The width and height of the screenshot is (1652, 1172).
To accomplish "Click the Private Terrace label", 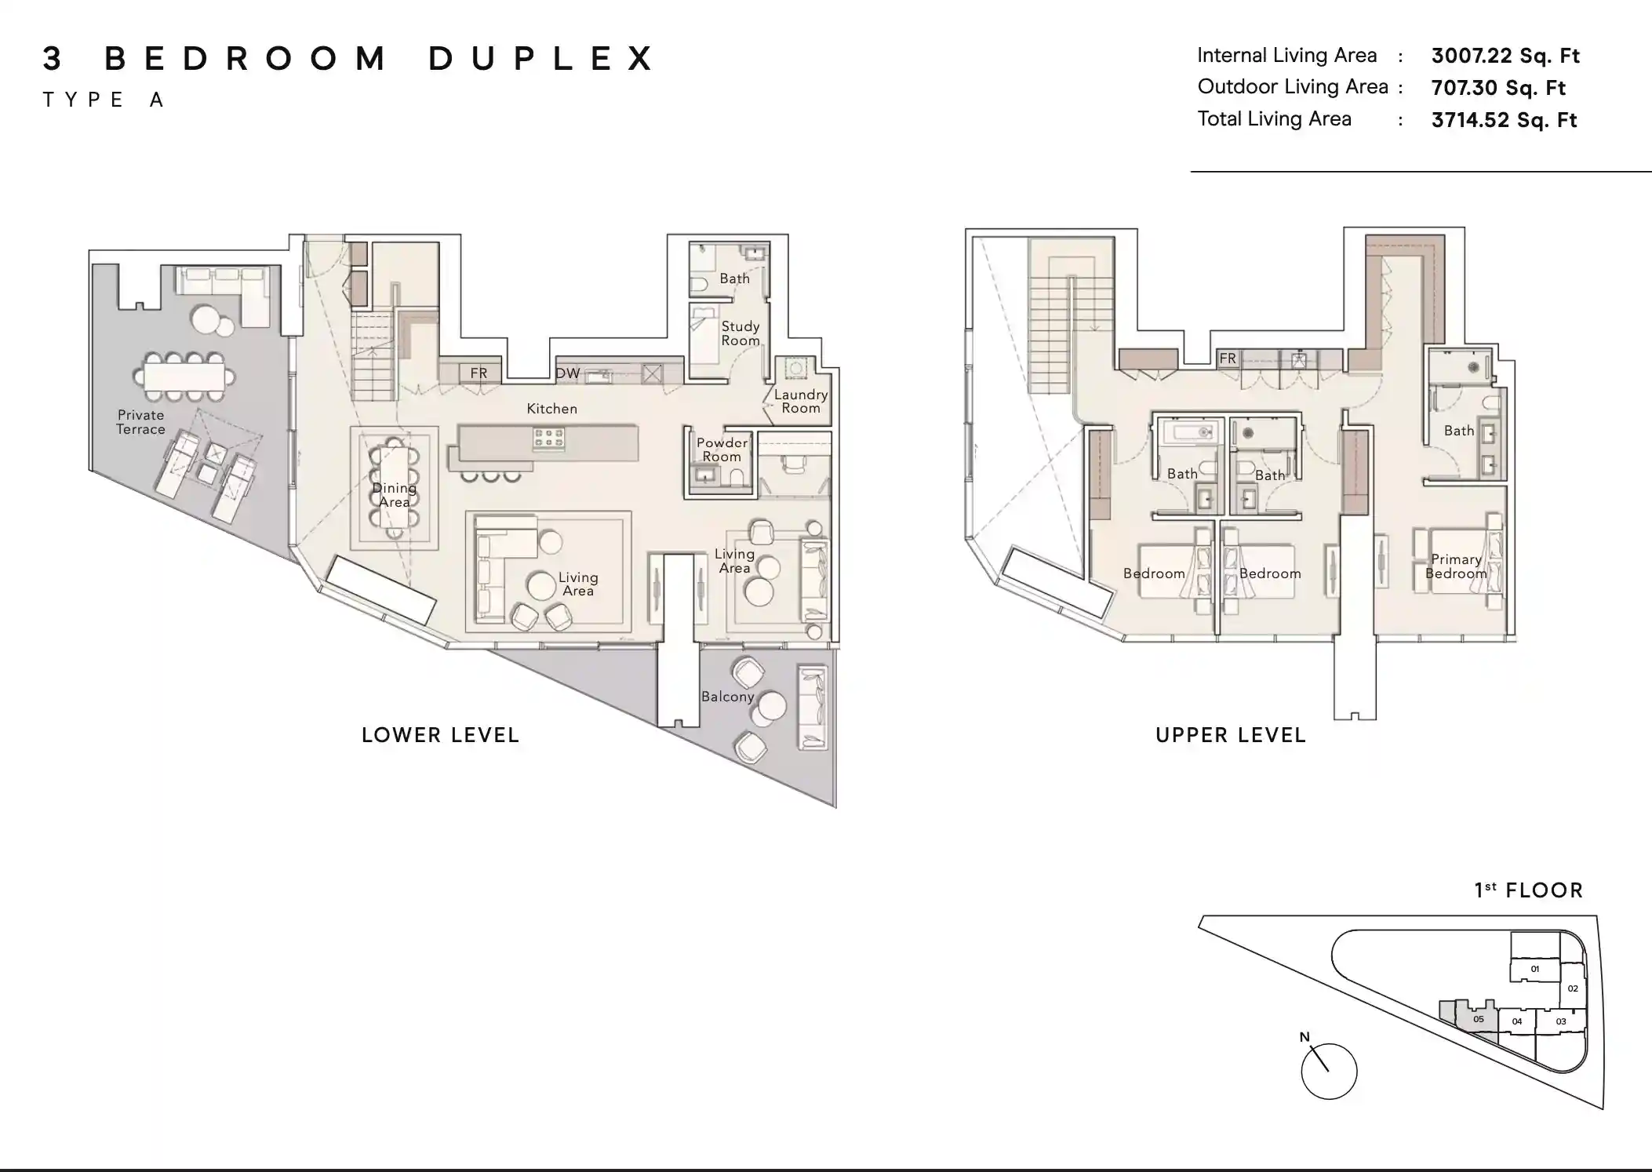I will pyautogui.click(x=141, y=422).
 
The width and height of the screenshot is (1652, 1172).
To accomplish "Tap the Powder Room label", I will pyautogui.click(x=722, y=450).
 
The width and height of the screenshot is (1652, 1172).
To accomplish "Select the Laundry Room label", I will pyautogui.click(x=800, y=401).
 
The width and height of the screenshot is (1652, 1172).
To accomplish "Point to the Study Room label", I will pyautogui.click(x=740, y=333).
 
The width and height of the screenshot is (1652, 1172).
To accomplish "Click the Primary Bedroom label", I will pyautogui.click(x=1456, y=566).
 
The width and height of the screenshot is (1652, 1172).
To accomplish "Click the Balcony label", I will pyautogui.click(x=727, y=697).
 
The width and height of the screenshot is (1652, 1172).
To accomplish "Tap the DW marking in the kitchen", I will pyautogui.click(x=568, y=373).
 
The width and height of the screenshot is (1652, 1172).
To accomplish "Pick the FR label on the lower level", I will pyautogui.click(x=478, y=373).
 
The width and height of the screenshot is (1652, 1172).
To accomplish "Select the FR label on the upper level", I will pyautogui.click(x=1228, y=359).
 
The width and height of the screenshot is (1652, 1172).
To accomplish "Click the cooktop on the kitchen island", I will pyautogui.click(x=548, y=439).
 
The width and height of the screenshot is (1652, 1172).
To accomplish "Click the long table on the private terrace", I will pyautogui.click(x=184, y=377).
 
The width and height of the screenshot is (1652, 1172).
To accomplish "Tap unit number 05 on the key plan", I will pyautogui.click(x=1478, y=1020).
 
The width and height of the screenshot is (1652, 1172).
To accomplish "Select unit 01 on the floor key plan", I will pyautogui.click(x=1534, y=970).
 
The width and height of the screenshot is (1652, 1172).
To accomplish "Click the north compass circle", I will pyautogui.click(x=1329, y=1072).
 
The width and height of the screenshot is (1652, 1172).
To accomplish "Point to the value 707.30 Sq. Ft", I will pyautogui.click(x=1497, y=88).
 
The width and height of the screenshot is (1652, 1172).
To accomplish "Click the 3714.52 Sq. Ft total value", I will pyautogui.click(x=1503, y=120).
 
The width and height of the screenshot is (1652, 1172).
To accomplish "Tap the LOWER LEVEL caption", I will pyautogui.click(x=440, y=736).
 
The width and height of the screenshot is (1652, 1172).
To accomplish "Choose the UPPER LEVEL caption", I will pyautogui.click(x=1230, y=736).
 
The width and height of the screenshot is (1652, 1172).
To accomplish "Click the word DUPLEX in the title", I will pyautogui.click(x=541, y=59).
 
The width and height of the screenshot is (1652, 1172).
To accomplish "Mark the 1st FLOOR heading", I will pyautogui.click(x=1528, y=890).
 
